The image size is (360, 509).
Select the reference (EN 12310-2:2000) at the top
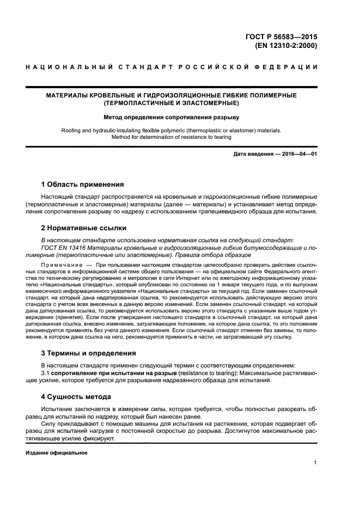click(286, 46)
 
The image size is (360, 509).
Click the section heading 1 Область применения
click(82, 184)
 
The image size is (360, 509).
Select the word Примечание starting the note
click(59, 264)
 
